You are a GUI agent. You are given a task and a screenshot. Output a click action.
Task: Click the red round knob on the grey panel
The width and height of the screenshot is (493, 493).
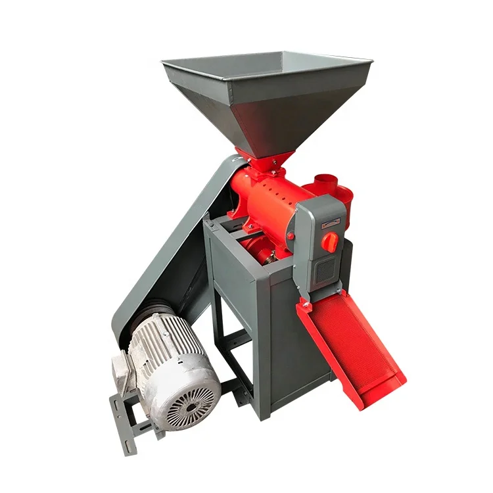pyautogui.click(x=331, y=242)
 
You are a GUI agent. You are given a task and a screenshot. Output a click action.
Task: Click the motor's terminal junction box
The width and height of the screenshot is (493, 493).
pyautogui.click(x=122, y=372)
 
